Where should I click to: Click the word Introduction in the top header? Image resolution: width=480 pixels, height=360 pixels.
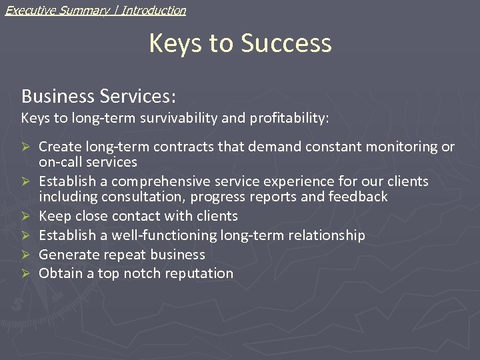click(153, 10)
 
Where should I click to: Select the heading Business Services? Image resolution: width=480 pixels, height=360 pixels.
click(99, 96)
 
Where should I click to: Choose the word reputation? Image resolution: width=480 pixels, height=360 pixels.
click(198, 273)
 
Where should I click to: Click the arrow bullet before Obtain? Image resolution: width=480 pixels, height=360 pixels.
click(26, 273)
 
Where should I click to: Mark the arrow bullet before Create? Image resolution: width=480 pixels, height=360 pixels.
click(26, 147)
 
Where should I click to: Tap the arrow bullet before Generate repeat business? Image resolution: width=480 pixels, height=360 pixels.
click(26, 255)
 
